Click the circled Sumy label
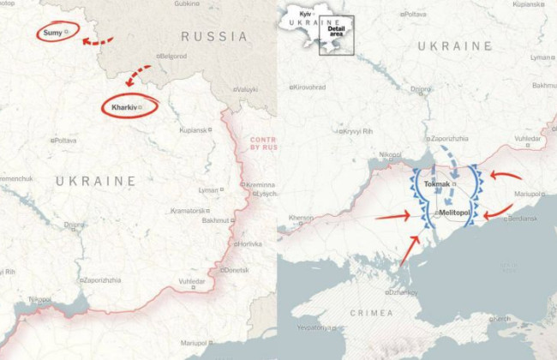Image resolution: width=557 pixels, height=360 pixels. pos(53,33)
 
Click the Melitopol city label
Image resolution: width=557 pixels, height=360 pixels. pos(456,211)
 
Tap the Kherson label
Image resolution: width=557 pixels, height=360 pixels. pos(301,218)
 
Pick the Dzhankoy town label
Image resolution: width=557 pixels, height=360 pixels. pos(403,292)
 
